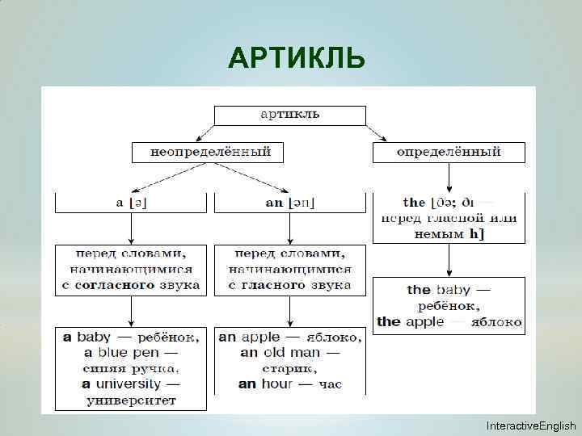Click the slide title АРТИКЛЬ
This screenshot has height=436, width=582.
[297, 58]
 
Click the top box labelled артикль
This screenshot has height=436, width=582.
[289, 115]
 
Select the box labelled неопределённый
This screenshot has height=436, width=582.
[210, 152]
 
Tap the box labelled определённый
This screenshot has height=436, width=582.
[449, 152]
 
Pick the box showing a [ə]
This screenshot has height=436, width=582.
[131, 202]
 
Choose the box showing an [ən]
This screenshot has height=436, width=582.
[289, 202]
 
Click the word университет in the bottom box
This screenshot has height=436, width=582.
[131, 400]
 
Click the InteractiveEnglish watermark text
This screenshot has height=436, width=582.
[530, 426]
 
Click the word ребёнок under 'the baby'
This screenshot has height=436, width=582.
[449, 306]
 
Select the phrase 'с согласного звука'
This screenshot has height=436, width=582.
[131, 285]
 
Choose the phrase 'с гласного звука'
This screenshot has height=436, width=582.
[289, 285]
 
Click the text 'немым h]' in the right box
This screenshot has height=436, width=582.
[449, 233]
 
